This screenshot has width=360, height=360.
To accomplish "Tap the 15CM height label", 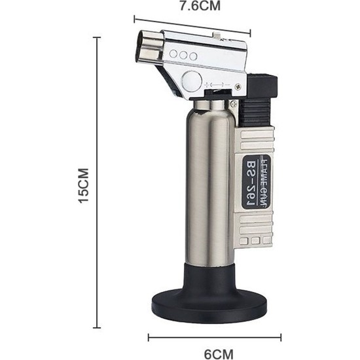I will coord(83,188).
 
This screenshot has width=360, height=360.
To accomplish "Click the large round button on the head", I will coord(192,81).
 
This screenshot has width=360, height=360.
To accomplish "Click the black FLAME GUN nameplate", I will coord(257,182).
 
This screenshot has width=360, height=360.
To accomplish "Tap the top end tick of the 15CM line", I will coord(98,37).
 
